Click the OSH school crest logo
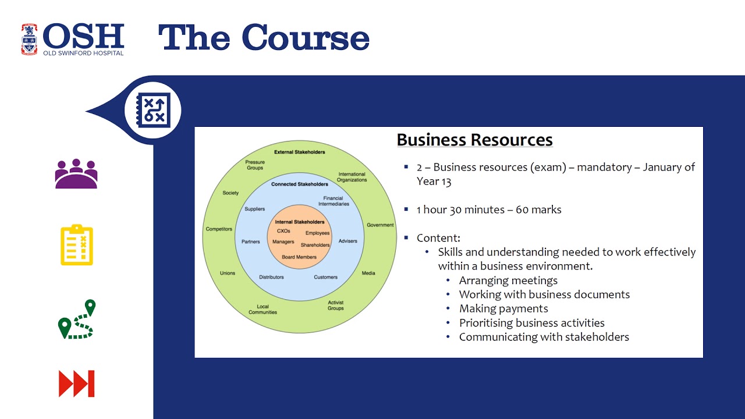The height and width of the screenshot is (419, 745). click(29, 39)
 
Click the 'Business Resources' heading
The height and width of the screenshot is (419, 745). click(474, 140)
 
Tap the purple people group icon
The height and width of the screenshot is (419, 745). click(76, 174)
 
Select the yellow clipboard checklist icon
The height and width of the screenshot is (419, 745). click(77, 246)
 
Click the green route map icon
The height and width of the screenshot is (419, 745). click(77, 319)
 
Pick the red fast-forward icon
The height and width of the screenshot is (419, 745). click(77, 384)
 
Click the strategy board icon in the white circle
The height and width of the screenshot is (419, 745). click(153, 109)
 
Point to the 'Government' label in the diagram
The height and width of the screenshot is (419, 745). click(380, 225)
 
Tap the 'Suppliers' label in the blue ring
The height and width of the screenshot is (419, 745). click(254, 209)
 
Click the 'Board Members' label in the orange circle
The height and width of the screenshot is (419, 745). click(299, 257)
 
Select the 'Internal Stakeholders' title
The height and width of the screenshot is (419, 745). click(300, 222)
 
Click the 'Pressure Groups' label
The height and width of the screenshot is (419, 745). click(255, 165)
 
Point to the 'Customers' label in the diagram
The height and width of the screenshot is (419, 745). click(325, 277)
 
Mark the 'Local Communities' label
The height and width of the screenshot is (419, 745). click(262, 310)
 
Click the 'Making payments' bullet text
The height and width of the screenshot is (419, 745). click(503, 308)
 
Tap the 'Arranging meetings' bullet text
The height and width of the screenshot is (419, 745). click(508, 280)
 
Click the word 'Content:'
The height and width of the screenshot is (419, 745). click(438, 238)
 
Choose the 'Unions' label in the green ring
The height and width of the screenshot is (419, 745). click(228, 273)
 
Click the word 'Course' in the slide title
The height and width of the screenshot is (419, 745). click(306, 38)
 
